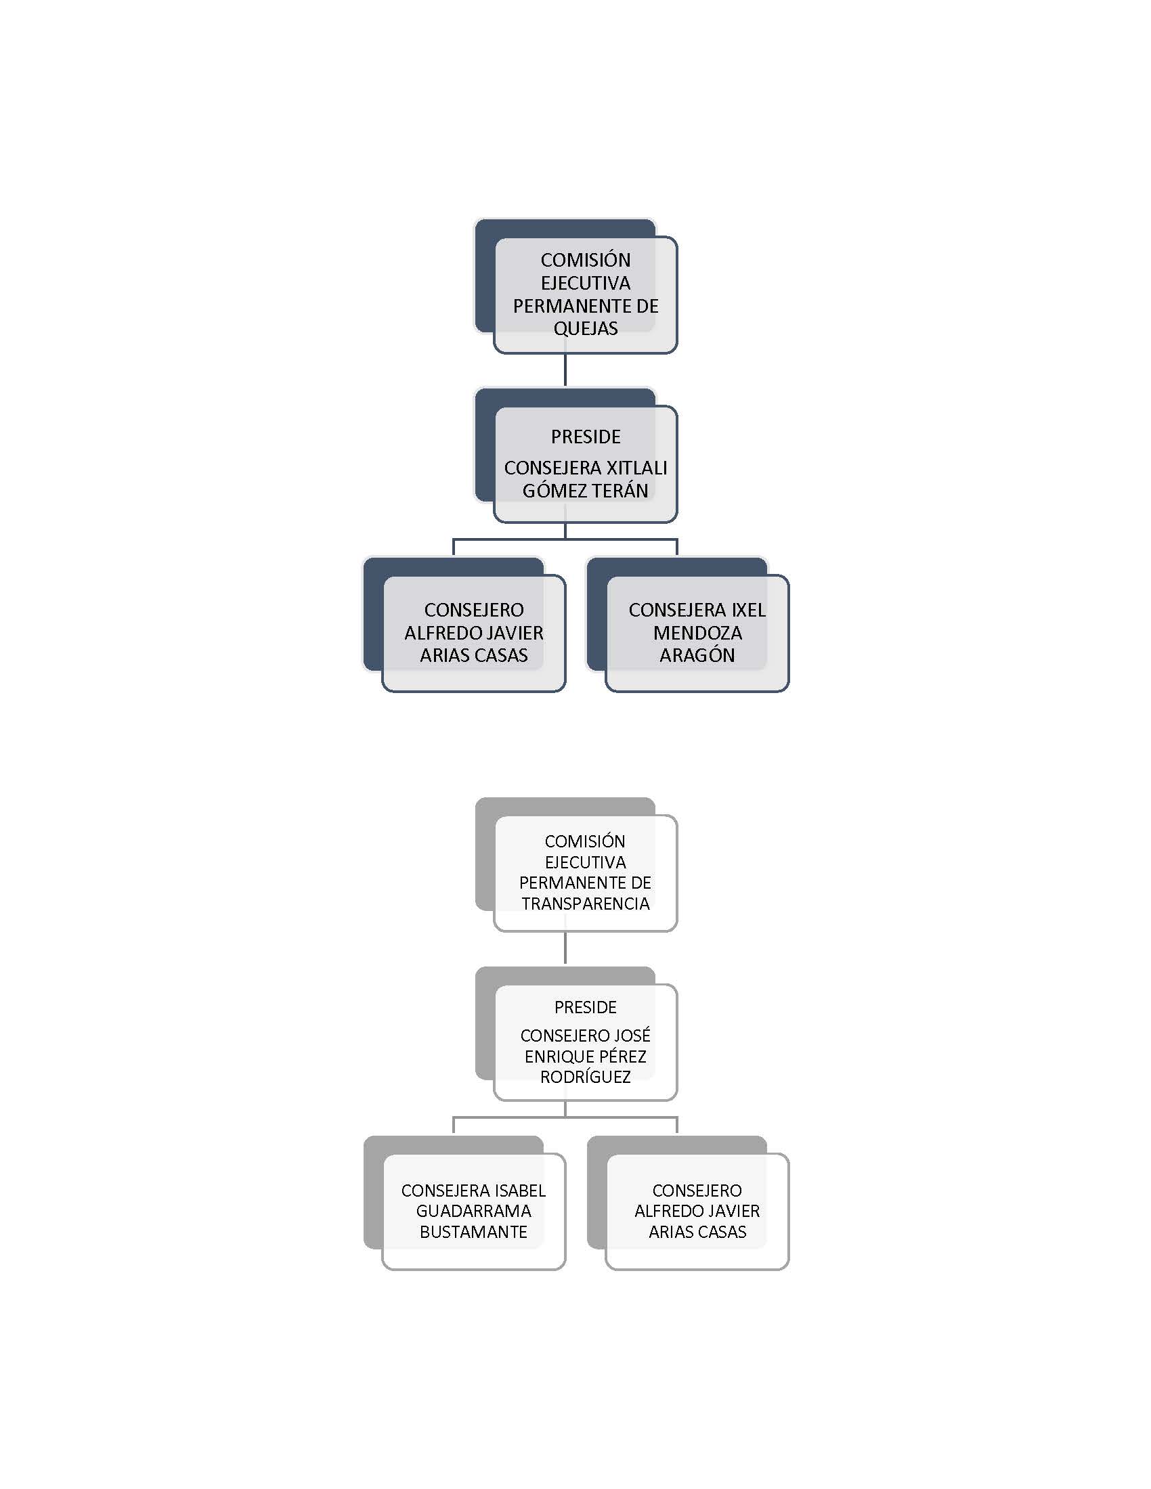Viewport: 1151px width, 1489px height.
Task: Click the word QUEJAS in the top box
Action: [x=586, y=329]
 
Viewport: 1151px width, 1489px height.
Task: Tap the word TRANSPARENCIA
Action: [x=586, y=904]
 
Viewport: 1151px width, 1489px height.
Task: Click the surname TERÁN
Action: [x=619, y=490]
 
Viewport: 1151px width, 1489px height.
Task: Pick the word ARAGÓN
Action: [x=697, y=655]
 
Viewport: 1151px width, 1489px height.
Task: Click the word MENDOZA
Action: [x=697, y=633]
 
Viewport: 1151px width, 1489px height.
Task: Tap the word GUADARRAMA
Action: [x=474, y=1211]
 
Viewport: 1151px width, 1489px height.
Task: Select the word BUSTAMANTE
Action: [x=474, y=1232]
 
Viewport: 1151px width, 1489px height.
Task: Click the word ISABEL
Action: [x=520, y=1191]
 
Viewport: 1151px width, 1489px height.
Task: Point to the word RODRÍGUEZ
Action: [x=586, y=1077]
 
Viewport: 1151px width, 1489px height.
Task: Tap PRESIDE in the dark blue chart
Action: [x=586, y=437]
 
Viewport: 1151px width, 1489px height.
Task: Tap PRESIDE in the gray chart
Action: [x=586, y=1007]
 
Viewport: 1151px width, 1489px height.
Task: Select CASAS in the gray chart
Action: [x=723, y=1232]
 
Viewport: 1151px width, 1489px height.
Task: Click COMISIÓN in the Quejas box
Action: [x=586, y=260]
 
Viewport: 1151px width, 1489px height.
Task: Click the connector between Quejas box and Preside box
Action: [x=565, y=370]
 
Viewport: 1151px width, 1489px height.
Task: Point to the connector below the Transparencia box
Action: [x=565, y=947]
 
